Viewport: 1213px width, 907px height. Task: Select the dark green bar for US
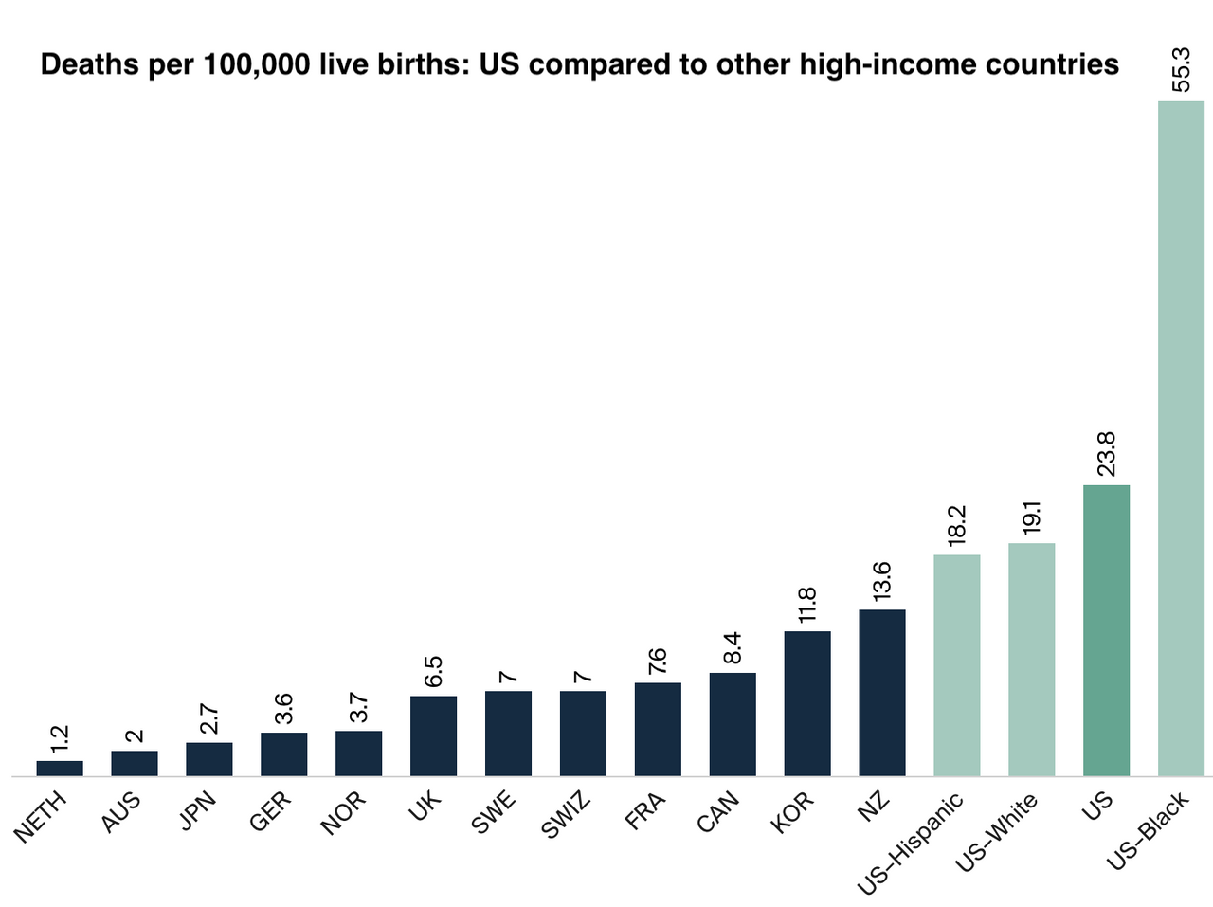[1106, 630]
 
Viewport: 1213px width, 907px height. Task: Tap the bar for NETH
[60, 768]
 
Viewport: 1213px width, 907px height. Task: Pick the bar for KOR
[807, 703]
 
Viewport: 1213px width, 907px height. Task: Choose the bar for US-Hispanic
[957, 664]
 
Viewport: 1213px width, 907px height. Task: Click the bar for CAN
[733, 724]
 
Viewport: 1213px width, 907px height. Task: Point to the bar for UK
[433, 735]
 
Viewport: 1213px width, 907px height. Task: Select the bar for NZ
[882, 692]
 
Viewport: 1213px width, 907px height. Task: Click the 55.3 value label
[1181, 67]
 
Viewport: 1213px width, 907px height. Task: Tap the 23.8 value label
[1106, 454]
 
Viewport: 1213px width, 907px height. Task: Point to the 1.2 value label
[60, 737]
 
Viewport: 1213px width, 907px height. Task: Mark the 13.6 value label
[882, 581]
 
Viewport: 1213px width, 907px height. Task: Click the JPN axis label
[198, 812]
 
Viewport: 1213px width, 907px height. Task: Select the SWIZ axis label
[566, 816]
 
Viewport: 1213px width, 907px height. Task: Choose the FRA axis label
[645, 812]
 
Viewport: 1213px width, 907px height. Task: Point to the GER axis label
[271, 813]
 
